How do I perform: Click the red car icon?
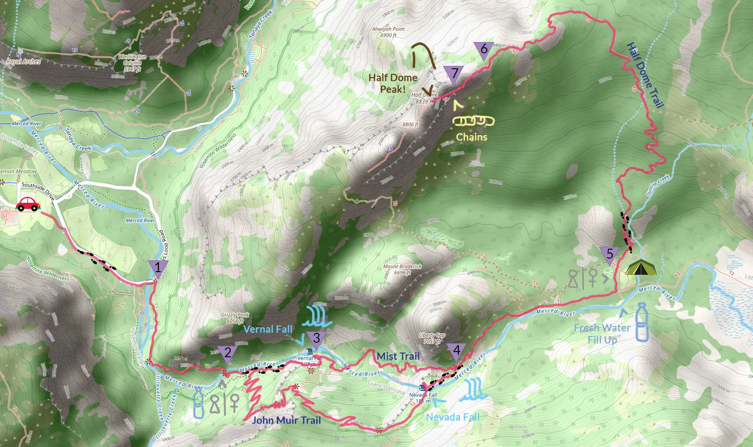click(28, 204)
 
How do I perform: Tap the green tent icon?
click(641, 267)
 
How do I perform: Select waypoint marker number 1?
click(158, 268)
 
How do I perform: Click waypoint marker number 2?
click(228, 353)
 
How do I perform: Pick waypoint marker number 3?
click(317, 339)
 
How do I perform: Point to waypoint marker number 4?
click(456, 351)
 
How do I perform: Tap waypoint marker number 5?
click(609, 255)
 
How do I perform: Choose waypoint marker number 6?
click(484, 49)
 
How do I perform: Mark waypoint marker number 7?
click(454, 74)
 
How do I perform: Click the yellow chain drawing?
click(473, 121)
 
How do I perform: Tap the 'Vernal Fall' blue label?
click(268, 329)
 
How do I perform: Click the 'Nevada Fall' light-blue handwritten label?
click(452, 417)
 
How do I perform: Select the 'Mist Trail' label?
click(398, 356)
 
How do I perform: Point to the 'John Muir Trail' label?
click(286, 420)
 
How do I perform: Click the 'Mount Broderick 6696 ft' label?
click(402, 269)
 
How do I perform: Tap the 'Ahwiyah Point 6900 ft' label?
click(388, 32)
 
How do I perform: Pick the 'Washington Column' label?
click(132, 63)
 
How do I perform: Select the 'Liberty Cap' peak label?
click(432, 338)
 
